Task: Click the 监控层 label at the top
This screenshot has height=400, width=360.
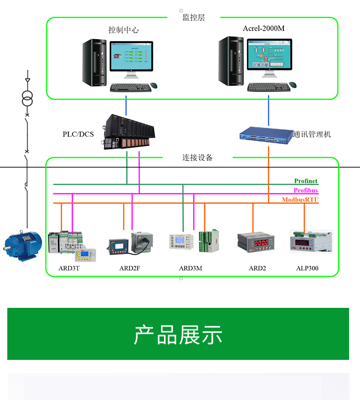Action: click(x=193, y=18)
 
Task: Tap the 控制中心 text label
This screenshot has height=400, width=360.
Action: click(x=123, y=30)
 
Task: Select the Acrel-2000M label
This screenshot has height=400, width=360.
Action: click(x=263, y=28)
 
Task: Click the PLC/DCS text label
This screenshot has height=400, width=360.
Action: click(x=78, y=134)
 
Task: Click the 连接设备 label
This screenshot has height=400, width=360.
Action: click(x=197, y=158)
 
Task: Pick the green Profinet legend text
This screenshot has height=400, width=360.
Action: click(x=305, y=182)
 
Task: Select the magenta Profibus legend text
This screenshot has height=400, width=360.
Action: click(x=305, y=191)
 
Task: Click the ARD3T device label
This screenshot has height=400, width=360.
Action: click(x=69, y=268)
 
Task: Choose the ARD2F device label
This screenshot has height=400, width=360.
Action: click(x=129, y=268)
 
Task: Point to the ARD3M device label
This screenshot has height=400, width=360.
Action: click(x=190, y=268)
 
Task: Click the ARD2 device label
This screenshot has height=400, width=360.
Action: click(x=257, y=268)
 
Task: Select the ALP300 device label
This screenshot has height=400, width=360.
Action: click(x=307, y=268)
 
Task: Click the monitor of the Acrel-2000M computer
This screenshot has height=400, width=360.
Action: click(x=268, y=56)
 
